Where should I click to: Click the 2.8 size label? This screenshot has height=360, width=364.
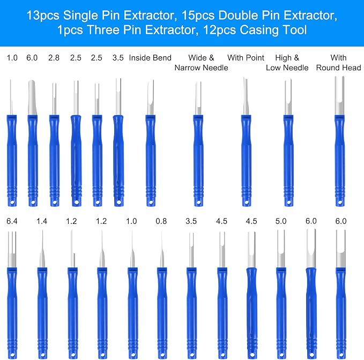click(x=54, y=58)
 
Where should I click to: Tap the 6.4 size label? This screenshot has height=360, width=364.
click(x=12, y=221)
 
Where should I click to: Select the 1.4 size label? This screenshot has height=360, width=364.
click(x=42, y=221)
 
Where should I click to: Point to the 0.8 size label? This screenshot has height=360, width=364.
click(x=161, y=221)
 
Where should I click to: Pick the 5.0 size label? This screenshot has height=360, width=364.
click(x=281, y=221)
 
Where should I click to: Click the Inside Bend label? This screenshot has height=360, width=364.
click(x=150, y=58)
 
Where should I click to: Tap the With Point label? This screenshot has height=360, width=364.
click(x=246, y=58)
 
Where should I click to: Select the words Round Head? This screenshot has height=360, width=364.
click(x=338, y=67)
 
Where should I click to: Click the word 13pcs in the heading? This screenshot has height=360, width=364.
click(x=43, y=16)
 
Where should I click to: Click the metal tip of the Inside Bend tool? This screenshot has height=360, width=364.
click(x=151, y=97)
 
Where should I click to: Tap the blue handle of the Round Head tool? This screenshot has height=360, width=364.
click(x=340, y=160)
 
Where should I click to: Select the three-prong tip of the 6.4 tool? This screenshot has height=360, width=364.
click(x=12, y=249)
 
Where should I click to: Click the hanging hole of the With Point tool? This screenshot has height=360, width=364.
click(x=247, y=202)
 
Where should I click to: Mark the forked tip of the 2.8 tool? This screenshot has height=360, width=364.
click(x=54, y=99)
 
